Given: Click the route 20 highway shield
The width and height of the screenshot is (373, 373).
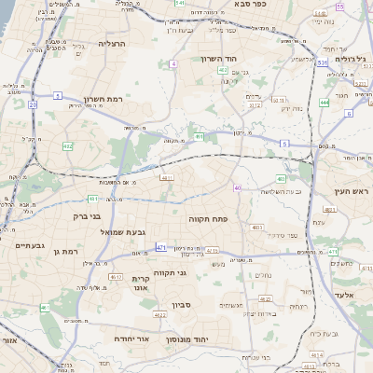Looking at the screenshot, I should (32, 105).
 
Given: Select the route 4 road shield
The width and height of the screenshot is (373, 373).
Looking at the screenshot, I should (173, 63).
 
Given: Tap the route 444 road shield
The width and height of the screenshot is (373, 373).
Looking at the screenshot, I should (324, 103).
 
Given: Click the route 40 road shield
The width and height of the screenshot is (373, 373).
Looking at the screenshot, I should (238, 187).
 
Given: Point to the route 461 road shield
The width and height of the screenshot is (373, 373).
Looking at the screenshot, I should (43, 307).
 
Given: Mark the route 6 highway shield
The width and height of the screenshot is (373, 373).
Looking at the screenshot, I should (348, 113).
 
